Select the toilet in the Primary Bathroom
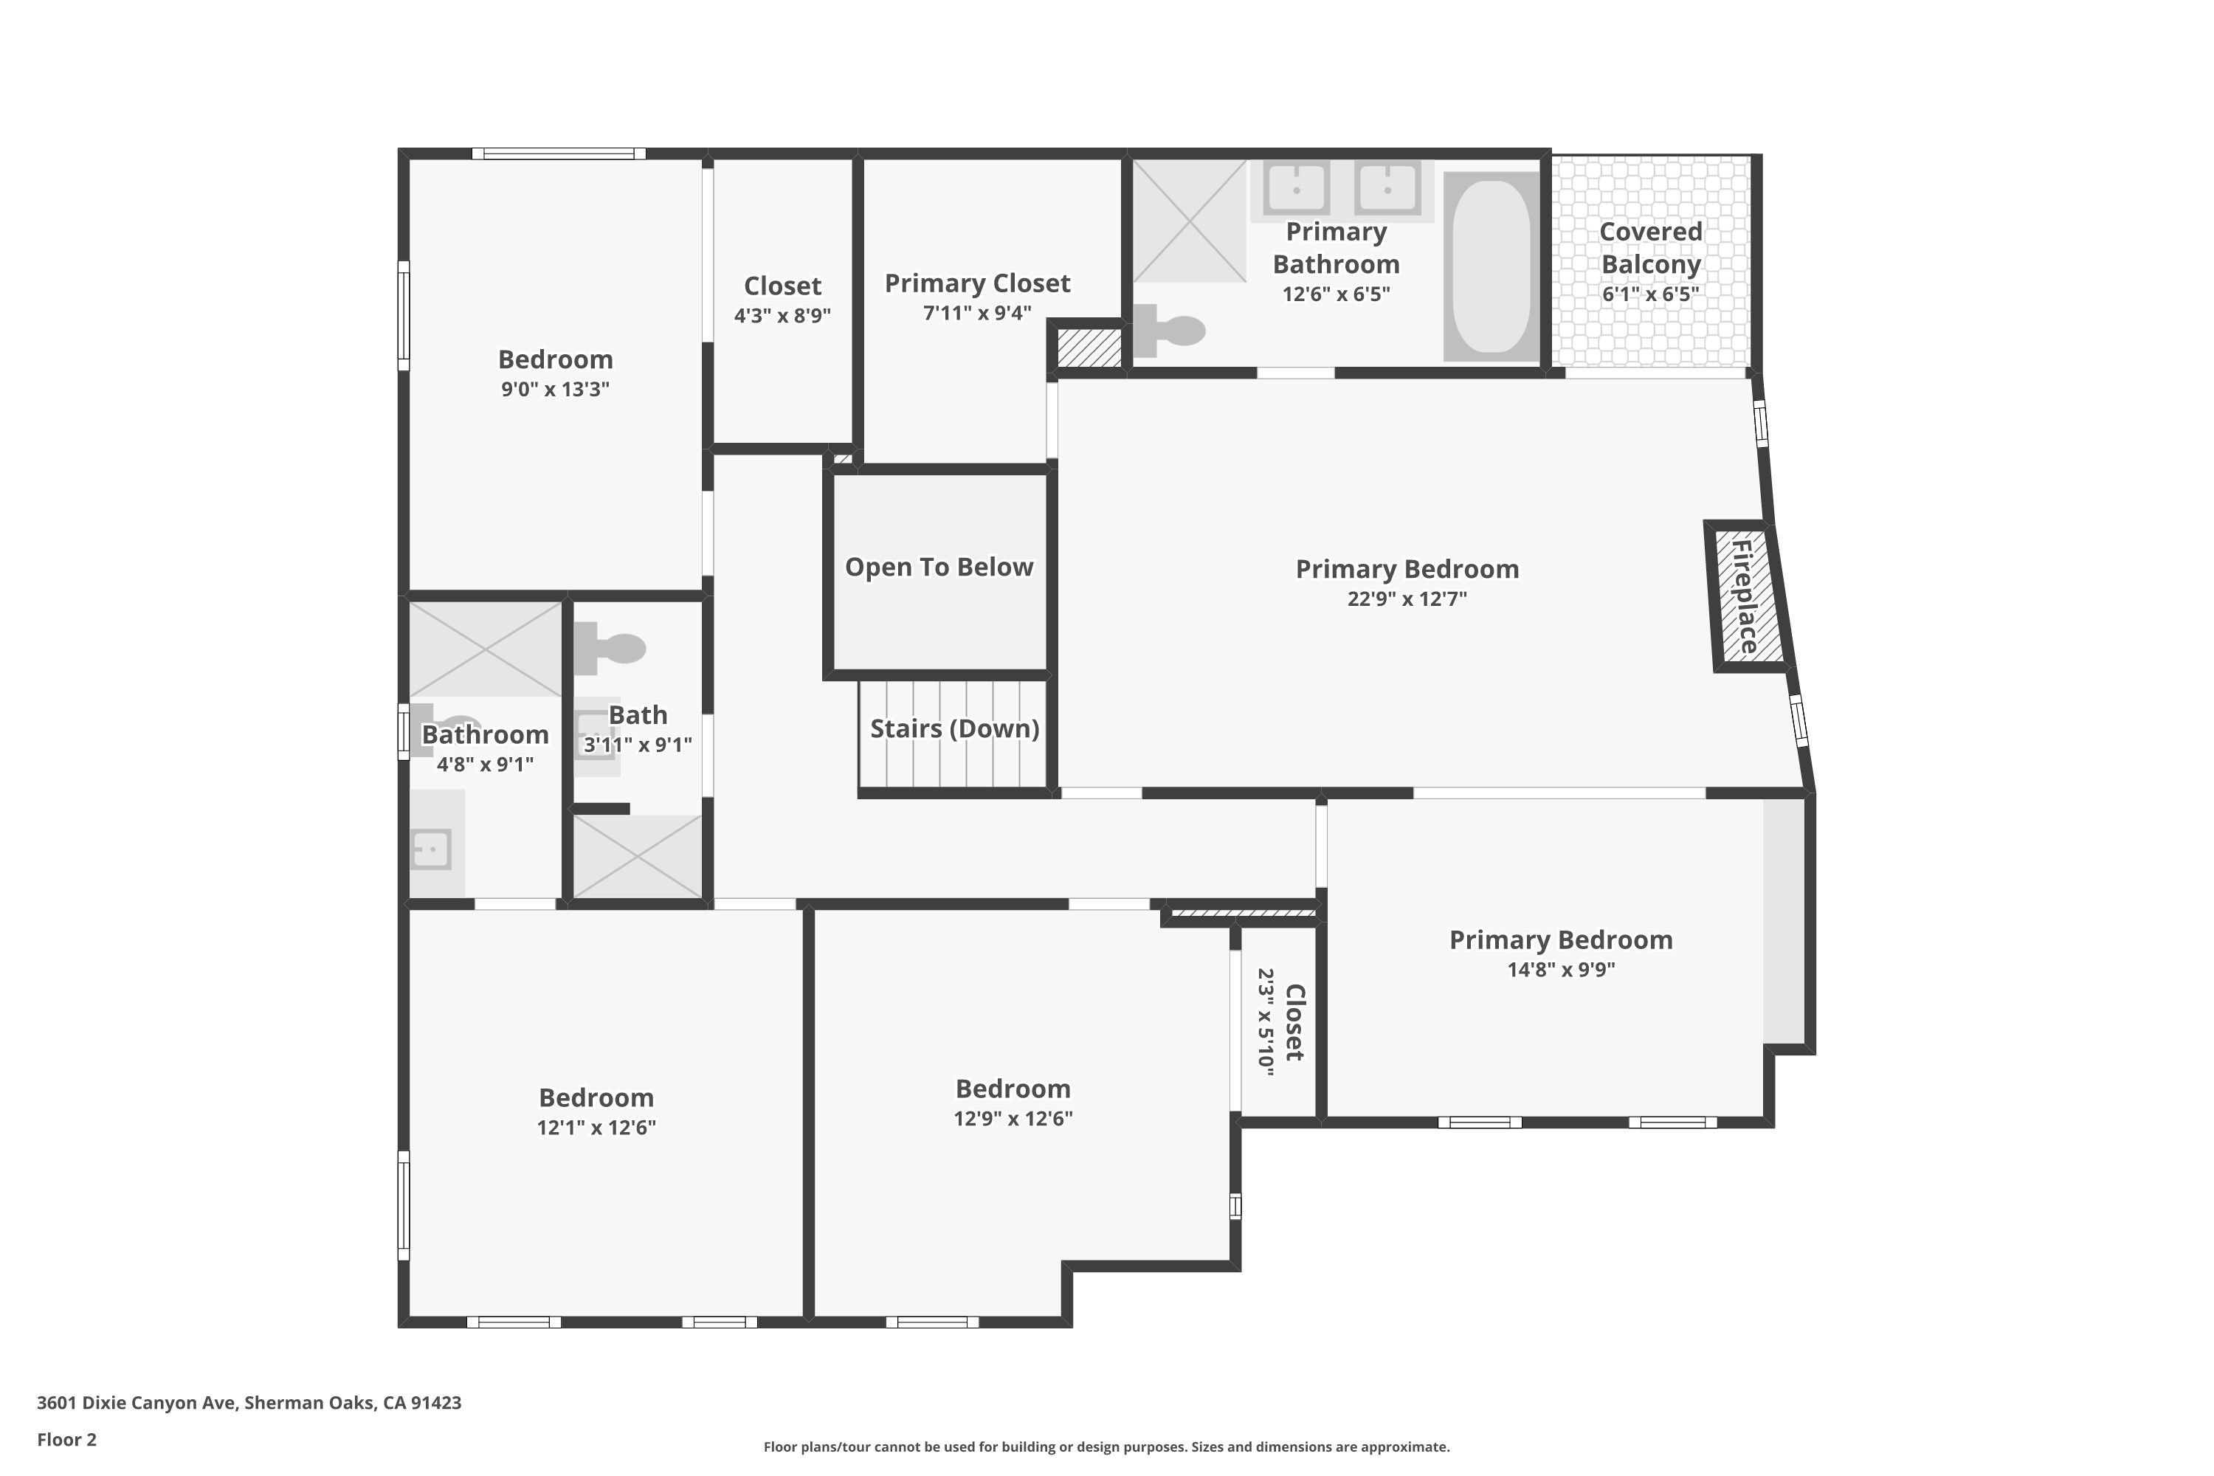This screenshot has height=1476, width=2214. coord(1168,331)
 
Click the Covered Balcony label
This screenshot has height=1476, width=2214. coord(1650,247)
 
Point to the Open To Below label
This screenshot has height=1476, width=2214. coord(939,567)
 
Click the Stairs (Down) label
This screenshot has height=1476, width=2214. coord(954,728)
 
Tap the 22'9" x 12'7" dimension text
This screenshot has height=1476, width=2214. coord(1407,599)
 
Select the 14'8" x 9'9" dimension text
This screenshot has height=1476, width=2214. coord(1561,970)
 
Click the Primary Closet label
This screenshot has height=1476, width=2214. coord(977,283)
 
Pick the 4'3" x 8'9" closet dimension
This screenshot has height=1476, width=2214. coord(782,315)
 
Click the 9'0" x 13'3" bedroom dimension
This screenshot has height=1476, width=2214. coord(556,389)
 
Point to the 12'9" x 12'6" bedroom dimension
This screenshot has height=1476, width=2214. coord(1013,1118)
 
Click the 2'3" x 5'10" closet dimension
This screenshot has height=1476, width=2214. coord(1266,1022)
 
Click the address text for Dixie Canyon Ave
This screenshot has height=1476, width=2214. coord(249,1403)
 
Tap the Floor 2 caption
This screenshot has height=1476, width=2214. coord(67,1439)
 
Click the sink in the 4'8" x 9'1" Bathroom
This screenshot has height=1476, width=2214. coord(431,849)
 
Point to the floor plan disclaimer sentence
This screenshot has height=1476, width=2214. coord(1106,1446)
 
